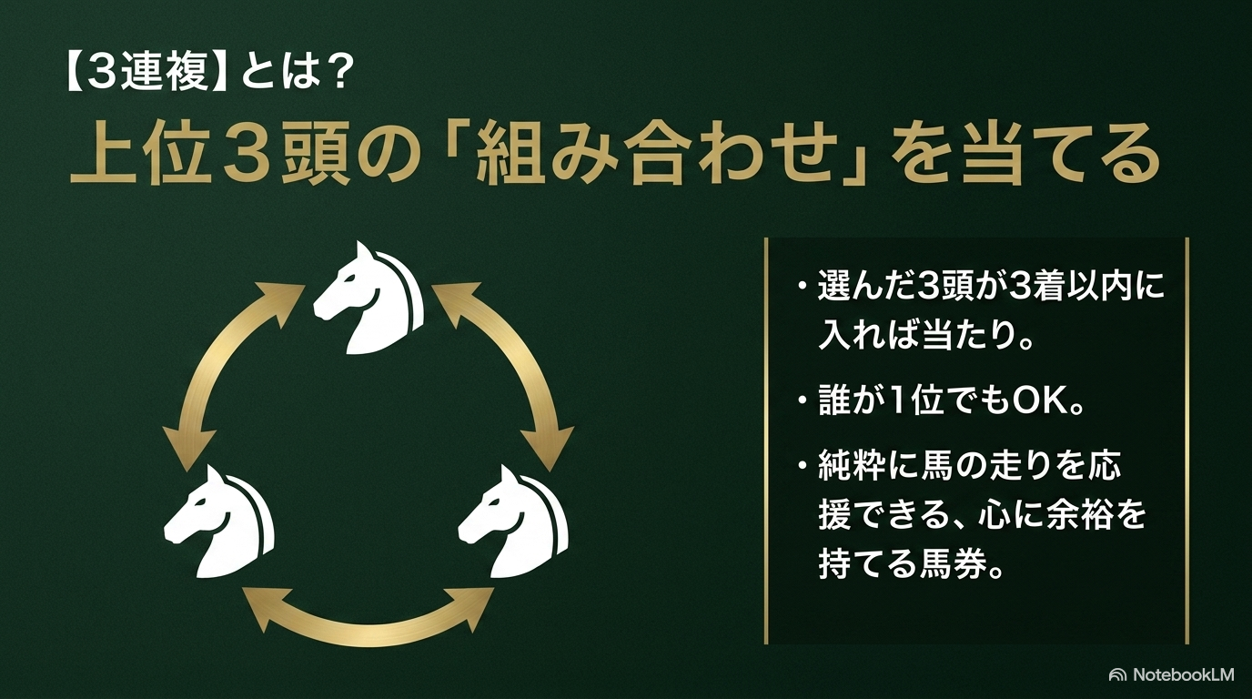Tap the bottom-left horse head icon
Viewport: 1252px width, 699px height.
[218, 522]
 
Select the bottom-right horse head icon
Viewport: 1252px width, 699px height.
[513, 522]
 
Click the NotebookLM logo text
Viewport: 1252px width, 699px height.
[1183, 674]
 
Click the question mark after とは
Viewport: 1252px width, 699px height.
[337, 74]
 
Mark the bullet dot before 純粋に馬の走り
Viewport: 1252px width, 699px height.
[803, 464]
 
